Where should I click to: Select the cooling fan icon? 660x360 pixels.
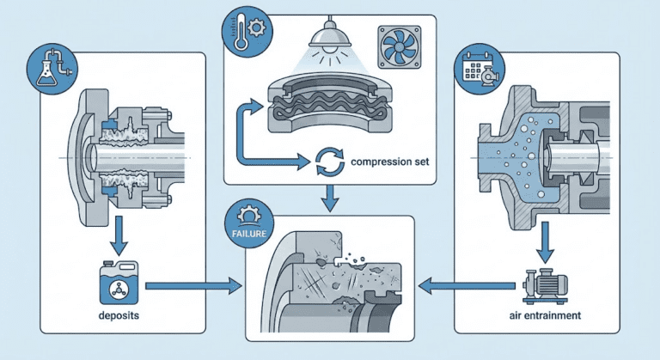click(399, 47)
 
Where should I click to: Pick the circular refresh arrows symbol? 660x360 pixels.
click(329, 161)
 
